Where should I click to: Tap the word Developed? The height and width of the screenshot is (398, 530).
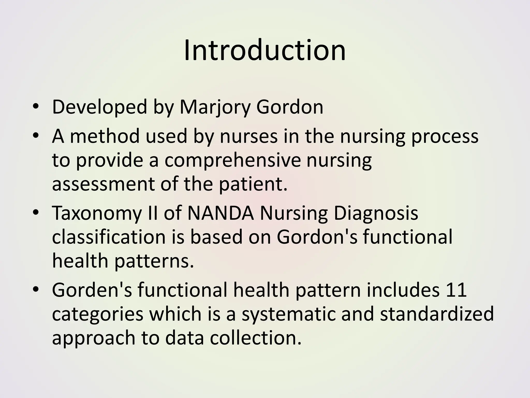[99, 107]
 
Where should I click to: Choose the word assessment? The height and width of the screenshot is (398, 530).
[103, 184]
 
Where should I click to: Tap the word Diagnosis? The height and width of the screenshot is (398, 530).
[376, 213]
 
